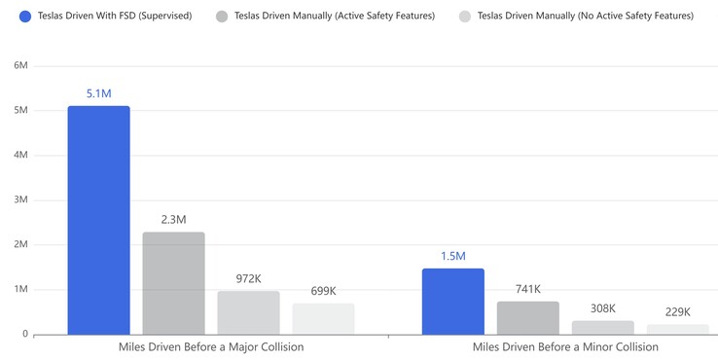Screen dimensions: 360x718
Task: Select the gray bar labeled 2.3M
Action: coord(173,283)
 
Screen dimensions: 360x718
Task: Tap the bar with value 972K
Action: coord(248,312)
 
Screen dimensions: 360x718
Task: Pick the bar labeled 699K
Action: coord(323,319)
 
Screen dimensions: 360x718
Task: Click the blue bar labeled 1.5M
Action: coord(452,302)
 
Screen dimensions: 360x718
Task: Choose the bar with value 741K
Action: coord(527,318)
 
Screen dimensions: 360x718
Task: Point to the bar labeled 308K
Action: coord(602,327)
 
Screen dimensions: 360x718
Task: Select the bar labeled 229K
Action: coord(677,329)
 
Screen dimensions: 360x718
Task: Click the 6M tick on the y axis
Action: coord(19,65)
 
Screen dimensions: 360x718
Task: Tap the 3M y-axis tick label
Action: coord(19,199)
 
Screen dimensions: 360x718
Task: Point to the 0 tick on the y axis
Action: coord(24,334)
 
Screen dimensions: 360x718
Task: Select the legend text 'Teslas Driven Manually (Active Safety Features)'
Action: coord(335,16)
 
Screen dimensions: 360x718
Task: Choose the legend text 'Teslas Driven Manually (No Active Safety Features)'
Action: coord(585,16)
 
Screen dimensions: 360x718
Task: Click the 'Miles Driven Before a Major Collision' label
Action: coord(211,347)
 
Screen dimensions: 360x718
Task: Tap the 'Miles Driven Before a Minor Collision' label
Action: coord(565,347)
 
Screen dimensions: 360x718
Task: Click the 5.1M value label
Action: coord(98,93)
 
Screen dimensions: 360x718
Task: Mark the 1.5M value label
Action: coord(452,256)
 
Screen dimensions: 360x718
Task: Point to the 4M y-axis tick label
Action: coord(19,155)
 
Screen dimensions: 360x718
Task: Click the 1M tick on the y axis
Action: coord(19,289)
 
